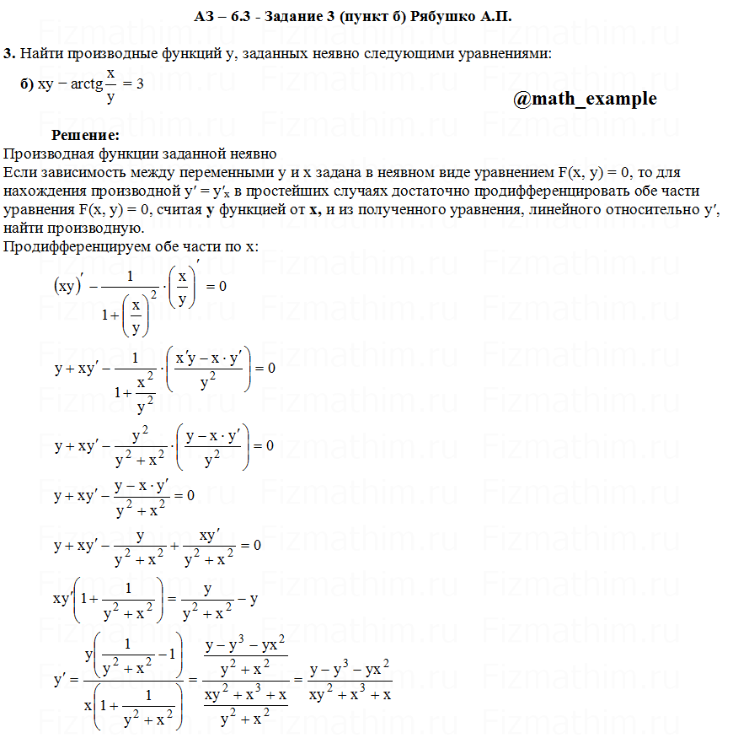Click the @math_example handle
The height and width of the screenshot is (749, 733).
click(585, 99)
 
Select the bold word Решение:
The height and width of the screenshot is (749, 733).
click(85, 135)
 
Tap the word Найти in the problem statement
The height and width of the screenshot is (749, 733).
click(40, 54)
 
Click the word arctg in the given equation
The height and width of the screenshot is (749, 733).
click(87, 84)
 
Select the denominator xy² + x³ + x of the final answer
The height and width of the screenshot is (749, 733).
click(350, 695)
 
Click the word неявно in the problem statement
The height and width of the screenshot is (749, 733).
click(365, 54)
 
